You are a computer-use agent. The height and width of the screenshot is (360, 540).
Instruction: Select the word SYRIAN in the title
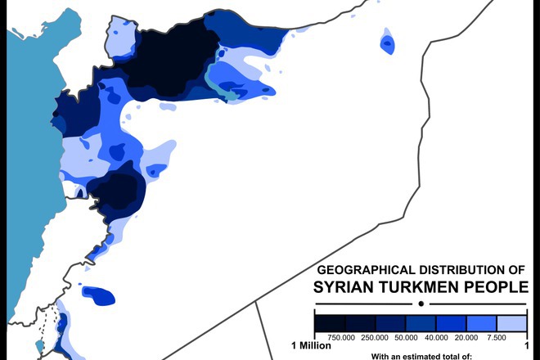[x=344, y=287]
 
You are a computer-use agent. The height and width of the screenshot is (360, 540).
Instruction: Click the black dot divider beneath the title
[x=421, y=303]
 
